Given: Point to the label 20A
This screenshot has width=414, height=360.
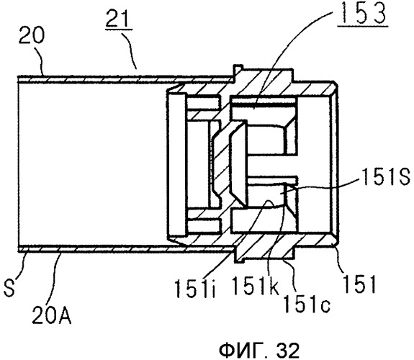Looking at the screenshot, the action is coord(52,315).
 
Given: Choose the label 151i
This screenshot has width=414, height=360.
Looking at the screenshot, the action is coord(196,289).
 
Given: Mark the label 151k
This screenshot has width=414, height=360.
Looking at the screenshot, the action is coord(255,286).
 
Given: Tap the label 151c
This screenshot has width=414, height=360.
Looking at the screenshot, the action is coord(305,304).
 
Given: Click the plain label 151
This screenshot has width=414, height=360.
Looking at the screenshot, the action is coord(359,284).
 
